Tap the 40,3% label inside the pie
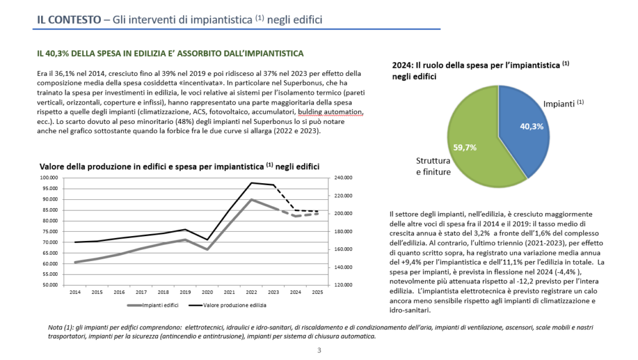tap(531, 126)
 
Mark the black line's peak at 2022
tap(252, 182)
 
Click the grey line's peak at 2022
tap(251, 199)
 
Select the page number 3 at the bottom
tap(319, 351)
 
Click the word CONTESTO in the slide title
tap(74, 19)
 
